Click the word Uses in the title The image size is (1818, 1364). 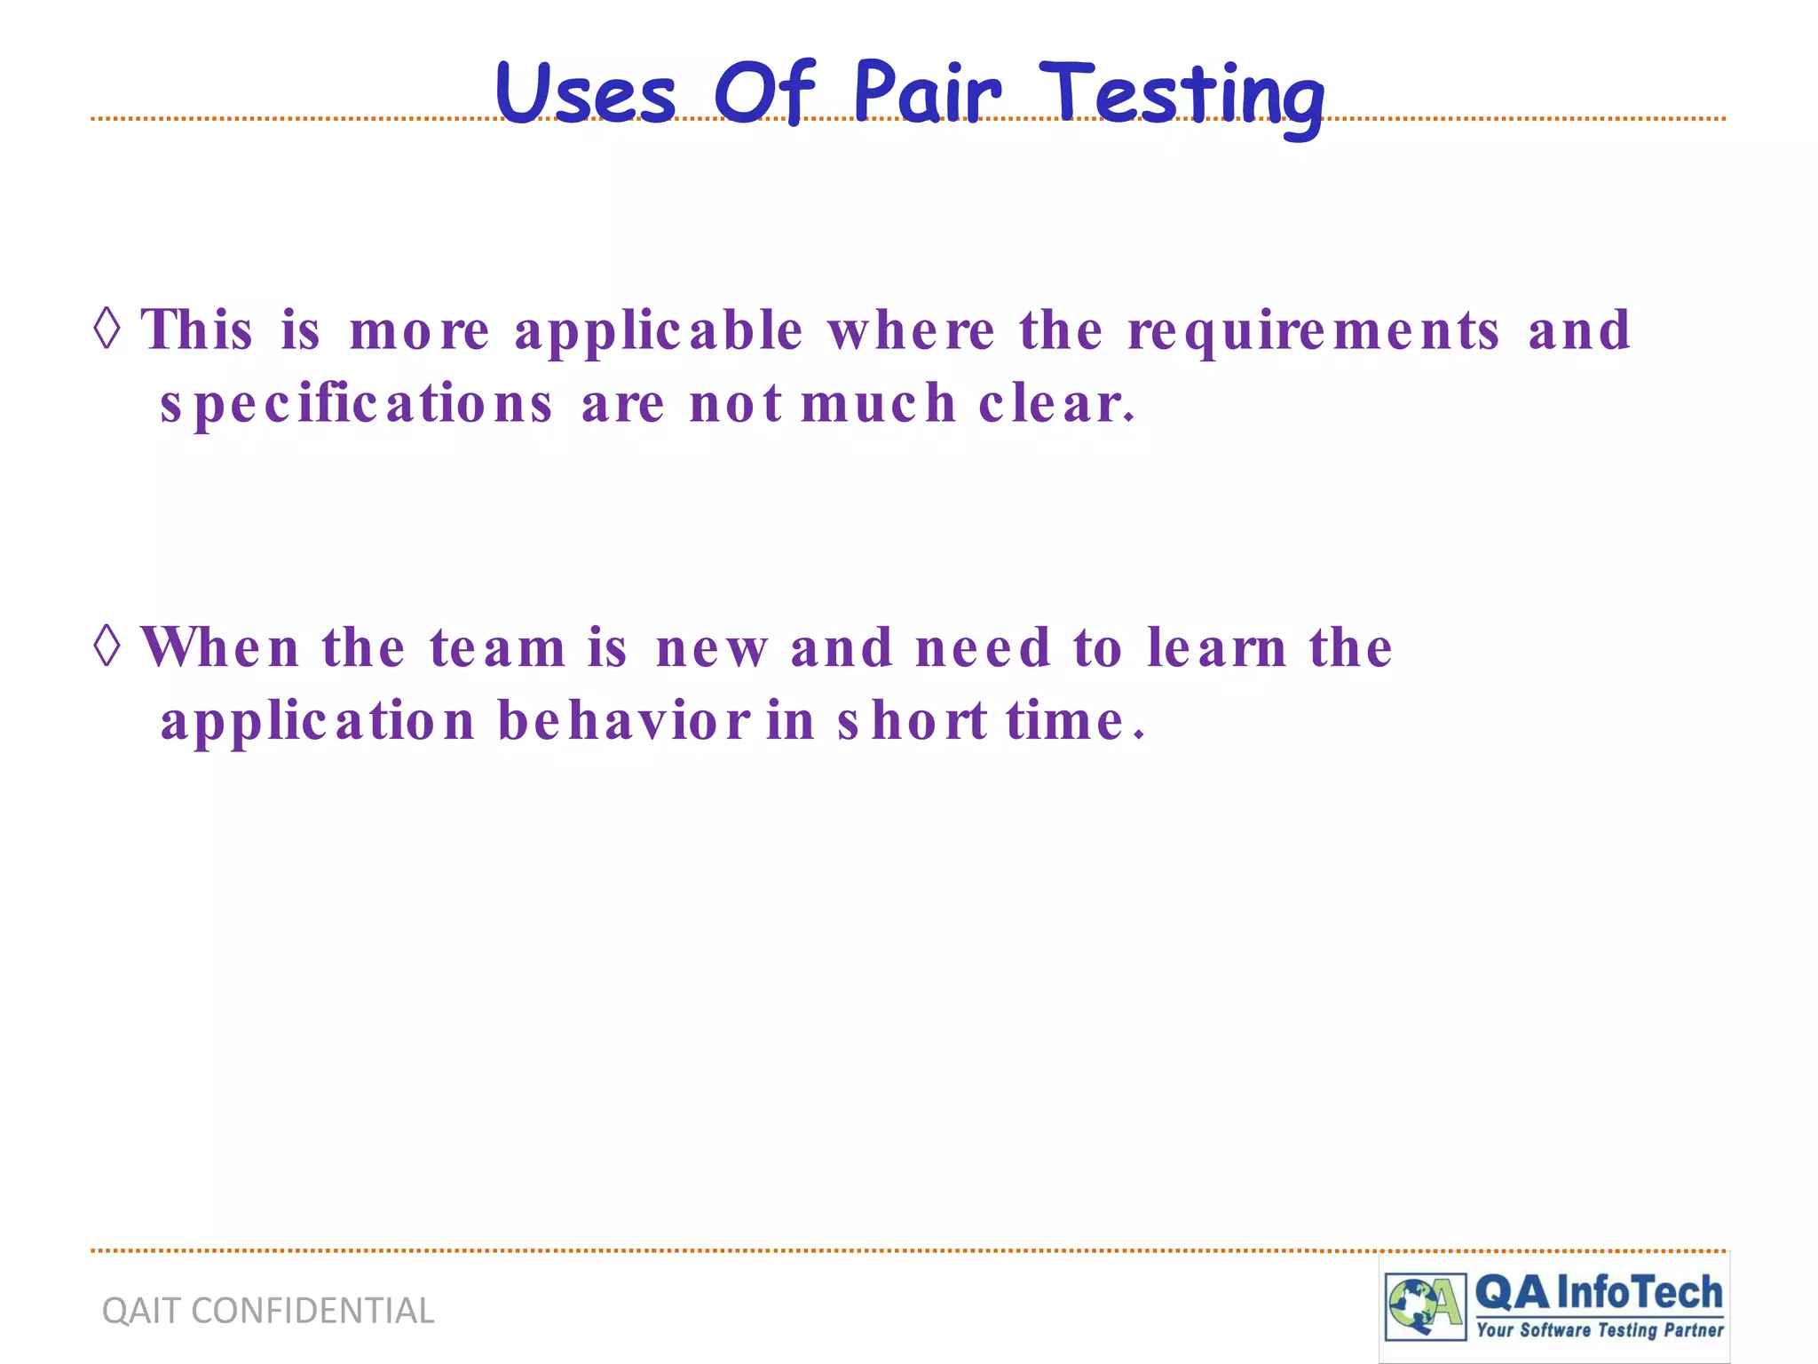point(586,93)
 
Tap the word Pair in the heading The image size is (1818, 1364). point(927,93)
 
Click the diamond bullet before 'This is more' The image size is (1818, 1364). point(107,329)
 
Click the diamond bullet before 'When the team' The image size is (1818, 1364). point(107,646)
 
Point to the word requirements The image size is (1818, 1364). point(1314,331)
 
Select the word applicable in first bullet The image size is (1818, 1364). point(659,331)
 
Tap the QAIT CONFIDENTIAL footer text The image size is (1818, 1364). point(268,1311)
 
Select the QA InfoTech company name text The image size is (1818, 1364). point(1599,1293)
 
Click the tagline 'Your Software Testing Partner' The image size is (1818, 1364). point(1600,1330)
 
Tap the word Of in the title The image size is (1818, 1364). point(763,93)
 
